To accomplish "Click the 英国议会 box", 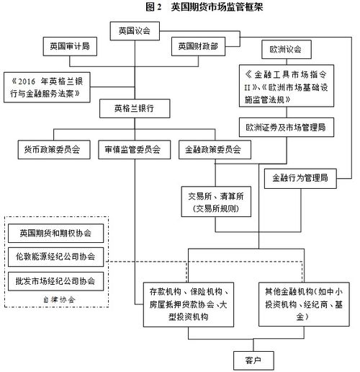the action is [135, 31].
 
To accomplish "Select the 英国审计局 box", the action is [70, 46].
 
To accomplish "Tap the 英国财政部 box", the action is [198, 46].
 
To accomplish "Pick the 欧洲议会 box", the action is [287, 50].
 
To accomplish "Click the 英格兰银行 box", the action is [135, 108].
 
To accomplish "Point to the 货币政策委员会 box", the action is [54, 150].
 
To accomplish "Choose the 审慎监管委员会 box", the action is [135, 150].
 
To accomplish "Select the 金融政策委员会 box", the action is [215, 150].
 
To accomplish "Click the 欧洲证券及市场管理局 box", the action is [287, 127].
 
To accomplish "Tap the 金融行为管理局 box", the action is [300, 178].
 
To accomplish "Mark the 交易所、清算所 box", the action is [216, 202].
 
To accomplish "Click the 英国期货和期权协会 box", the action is [55, 233].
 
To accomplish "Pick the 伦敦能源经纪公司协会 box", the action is [55, 257].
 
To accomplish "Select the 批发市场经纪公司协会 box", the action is [55, 281].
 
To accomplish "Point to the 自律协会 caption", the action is [59, 300].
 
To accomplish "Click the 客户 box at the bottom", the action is [253, 360].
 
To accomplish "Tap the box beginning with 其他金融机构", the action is [304, 304].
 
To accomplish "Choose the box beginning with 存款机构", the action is [189, 304].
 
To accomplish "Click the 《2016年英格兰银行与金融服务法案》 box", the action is [47, 87].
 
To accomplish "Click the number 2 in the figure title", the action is [159, 7].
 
